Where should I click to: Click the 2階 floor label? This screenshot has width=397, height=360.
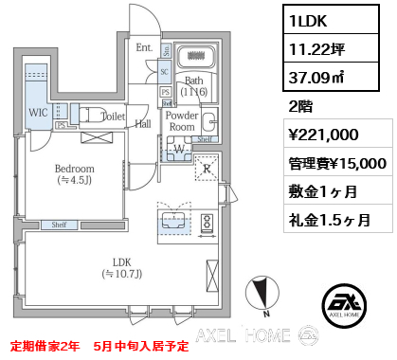click(299, 106)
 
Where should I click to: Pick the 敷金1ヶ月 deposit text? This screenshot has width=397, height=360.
click(324, 191)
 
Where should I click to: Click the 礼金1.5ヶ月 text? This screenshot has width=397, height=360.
click(330, 220)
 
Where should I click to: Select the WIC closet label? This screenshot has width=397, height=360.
click(38, 113)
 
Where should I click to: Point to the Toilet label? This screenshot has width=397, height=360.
click(114, 117)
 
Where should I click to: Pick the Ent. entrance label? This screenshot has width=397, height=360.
click(143, 47)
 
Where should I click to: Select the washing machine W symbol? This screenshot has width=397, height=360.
click(178, 148)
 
